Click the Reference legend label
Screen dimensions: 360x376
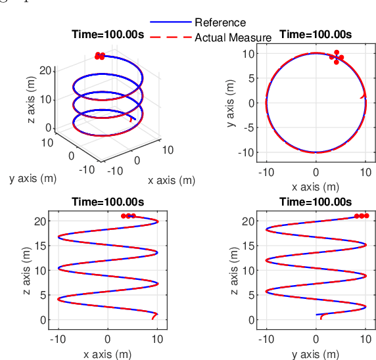coord(220,23)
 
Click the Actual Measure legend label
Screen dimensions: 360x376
coord(233,38)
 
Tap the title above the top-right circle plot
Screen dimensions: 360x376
coord(316,33)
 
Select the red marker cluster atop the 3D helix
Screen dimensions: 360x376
coord(99,56)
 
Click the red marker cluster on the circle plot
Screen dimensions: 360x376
coord(336,57)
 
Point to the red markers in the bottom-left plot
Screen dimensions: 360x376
coord(128,215)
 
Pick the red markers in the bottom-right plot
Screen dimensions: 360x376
coord(362,215)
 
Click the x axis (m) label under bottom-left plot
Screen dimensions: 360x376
coord(108,354)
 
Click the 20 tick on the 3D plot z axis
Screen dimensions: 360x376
coord(45,70)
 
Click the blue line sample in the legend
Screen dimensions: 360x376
coord(172,23)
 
